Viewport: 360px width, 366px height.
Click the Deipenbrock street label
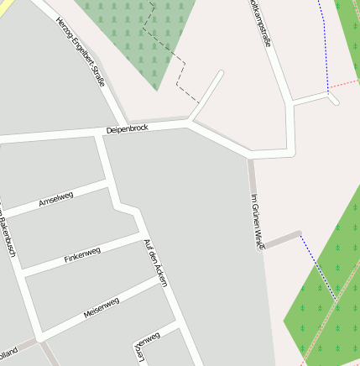point(127,129)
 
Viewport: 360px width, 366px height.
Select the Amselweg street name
point(56,200)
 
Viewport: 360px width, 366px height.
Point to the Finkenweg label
point(82,255)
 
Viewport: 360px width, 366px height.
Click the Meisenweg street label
point(102,307)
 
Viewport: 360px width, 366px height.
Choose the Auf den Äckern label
point(156,263)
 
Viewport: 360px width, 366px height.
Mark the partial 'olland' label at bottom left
point(8,350)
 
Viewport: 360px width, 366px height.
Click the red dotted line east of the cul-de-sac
point(345,84)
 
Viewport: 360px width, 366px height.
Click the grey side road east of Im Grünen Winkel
point(284,238)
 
